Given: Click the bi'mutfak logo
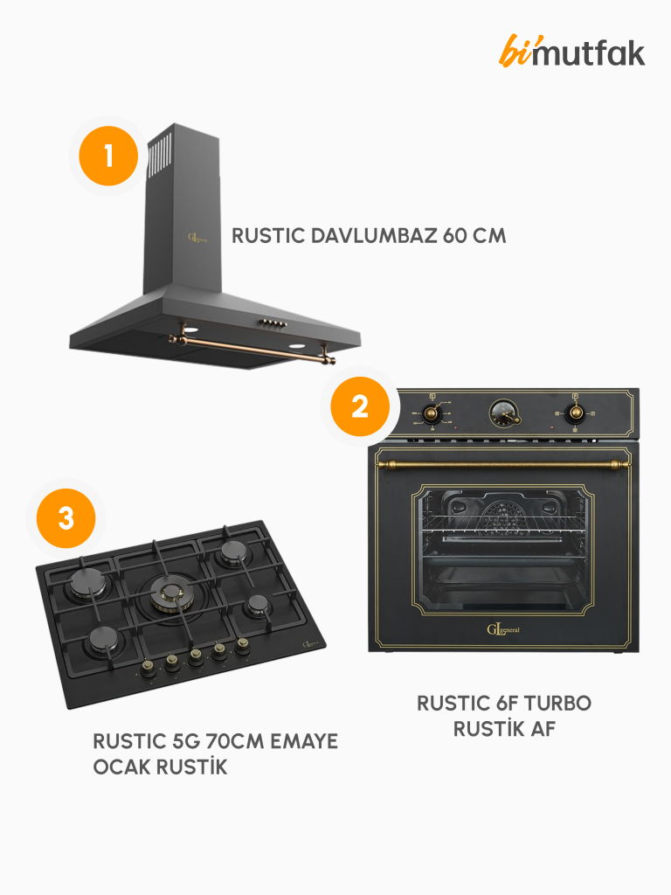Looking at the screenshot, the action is coord(571,52).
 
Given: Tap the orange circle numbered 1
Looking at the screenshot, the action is coord(108,156).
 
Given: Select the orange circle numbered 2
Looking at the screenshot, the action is coord(360,406).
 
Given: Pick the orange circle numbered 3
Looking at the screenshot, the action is coord(66,518).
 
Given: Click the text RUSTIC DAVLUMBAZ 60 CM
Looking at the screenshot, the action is coord(369,236).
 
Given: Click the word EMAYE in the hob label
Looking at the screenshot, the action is coord(303,741).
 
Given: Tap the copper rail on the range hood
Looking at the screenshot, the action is coord(252,348).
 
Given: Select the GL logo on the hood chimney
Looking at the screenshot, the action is coord(197,238).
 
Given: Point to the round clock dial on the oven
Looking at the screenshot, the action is coord(504,413).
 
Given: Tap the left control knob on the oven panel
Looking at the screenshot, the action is coord(431,413).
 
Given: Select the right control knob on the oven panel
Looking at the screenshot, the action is coord(576,413).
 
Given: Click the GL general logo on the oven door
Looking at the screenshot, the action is coord(502,629).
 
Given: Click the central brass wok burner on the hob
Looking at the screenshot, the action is coord(172,593).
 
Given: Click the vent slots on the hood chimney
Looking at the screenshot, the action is coord(159,156).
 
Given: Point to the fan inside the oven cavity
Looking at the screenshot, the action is coord(502,517).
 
